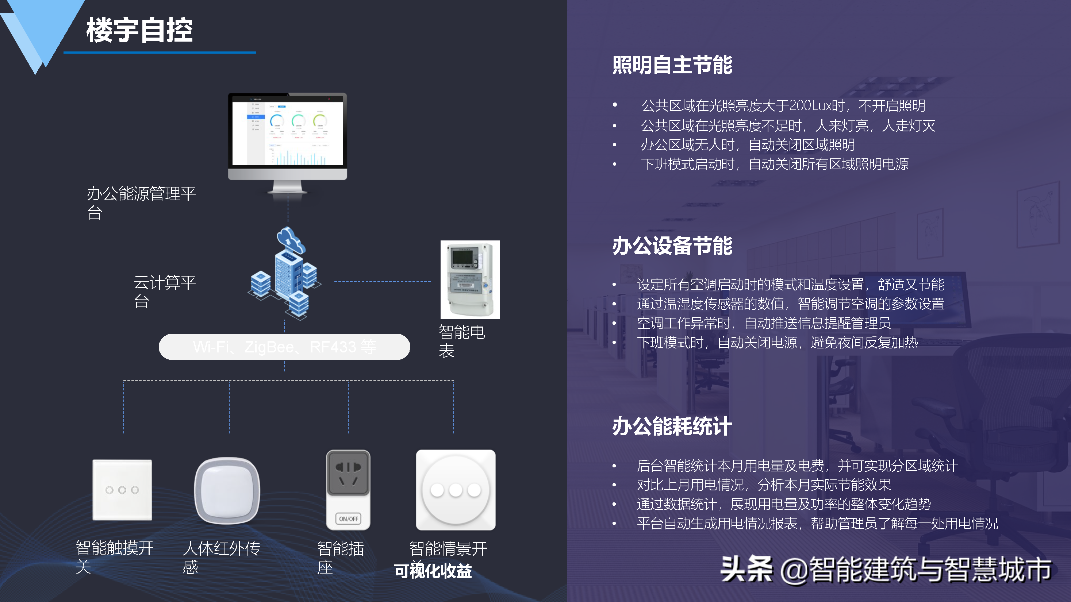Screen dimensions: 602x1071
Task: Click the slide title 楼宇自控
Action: pos(139,30)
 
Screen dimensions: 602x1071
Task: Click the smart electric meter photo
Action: pos(470,279)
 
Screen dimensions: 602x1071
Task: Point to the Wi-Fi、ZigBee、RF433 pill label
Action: pos(284,347)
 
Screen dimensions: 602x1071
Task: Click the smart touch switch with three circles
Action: pos(122,490)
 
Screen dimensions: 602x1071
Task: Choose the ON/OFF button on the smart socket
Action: pos(348,518)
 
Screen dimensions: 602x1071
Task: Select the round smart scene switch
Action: pos(456,490)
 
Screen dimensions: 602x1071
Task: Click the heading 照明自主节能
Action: pos(672,65)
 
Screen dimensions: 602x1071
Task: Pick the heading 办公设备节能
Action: pos(672,246)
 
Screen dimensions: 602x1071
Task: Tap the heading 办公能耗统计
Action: pos(672,426)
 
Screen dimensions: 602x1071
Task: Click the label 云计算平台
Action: pos(165,291)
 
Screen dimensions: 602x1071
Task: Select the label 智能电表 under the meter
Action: pos(461,341)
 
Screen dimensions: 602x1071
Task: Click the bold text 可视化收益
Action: pos(433,571)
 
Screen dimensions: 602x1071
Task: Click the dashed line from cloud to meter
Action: pos(383,281)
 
